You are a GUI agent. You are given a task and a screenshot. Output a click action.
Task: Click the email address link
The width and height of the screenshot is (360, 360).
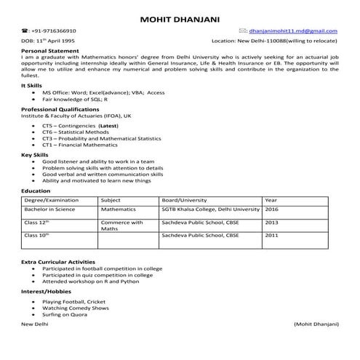pos(292,32)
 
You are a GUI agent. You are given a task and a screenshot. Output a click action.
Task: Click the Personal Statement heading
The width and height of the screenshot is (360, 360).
pos(52,52)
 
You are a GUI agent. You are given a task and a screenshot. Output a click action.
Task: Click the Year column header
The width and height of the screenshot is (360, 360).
pos(271,199)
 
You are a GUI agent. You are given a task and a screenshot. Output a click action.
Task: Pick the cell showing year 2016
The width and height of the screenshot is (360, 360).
pos(271,209)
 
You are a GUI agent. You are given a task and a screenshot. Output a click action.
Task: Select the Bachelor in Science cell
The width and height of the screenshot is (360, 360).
pos(49,209)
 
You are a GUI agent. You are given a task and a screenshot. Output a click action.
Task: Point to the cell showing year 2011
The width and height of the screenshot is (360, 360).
pos(271,236)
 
